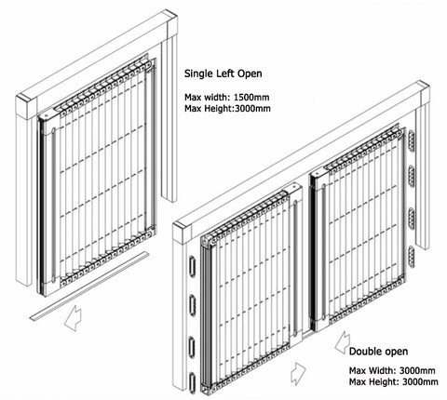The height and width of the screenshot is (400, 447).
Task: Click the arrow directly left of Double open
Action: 333,354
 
